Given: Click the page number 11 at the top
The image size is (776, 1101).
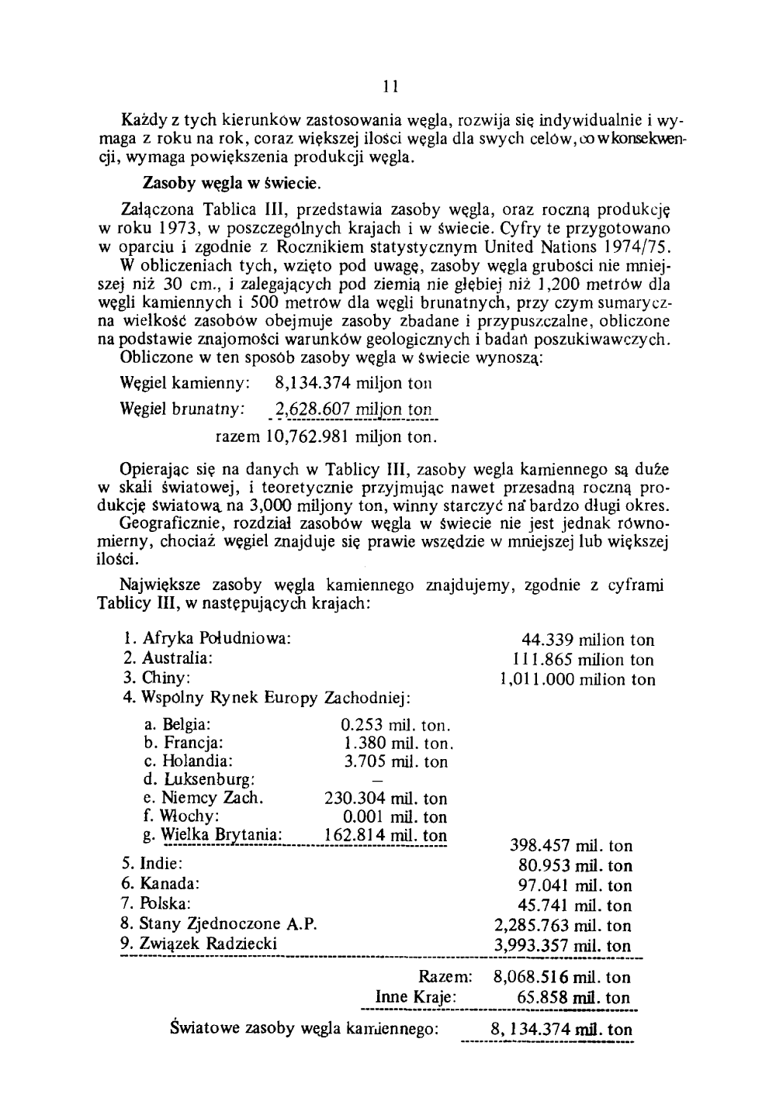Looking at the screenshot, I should point(390,85).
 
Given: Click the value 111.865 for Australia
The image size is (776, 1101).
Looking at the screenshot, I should point(543,660).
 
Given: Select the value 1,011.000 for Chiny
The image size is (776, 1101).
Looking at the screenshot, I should point(535,680).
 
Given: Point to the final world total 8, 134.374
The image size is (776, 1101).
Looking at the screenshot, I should point(526,1030).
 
